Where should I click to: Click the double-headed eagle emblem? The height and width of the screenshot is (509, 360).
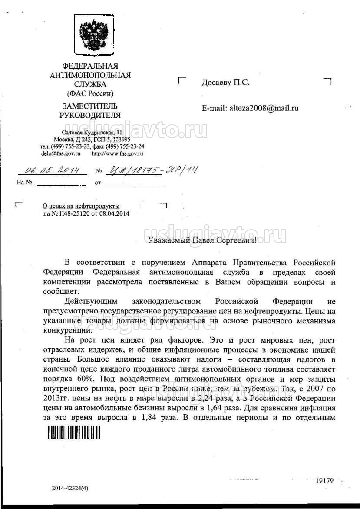90,34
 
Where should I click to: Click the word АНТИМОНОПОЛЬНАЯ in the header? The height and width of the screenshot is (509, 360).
90,75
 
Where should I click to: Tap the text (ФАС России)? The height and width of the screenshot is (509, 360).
90,93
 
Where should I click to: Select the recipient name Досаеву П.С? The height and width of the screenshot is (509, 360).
225,83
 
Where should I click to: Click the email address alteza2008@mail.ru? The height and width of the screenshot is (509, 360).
263,108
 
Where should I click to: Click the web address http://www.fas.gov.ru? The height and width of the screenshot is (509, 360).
117,153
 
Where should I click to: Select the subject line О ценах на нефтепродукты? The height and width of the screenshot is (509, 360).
80,206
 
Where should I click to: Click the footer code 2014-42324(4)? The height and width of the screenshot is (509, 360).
70,488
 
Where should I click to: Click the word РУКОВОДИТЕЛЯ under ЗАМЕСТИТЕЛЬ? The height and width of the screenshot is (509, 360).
90,115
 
